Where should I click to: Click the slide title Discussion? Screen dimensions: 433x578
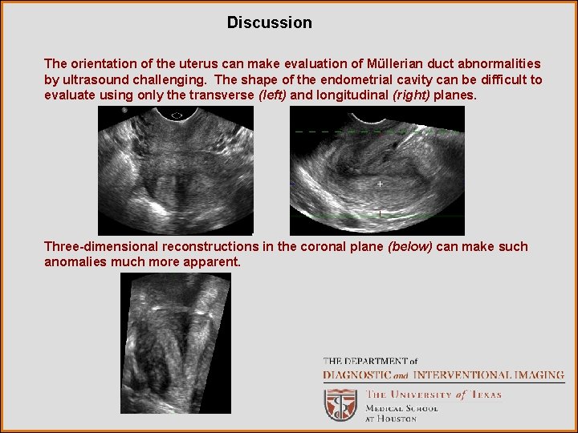point(269,22)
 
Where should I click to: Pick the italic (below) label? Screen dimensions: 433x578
point(409,246)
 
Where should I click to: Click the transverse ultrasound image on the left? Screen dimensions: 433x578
point(175,171)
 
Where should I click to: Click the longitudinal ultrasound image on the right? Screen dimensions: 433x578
point(377,171)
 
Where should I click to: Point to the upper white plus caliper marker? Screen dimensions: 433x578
point(380,184)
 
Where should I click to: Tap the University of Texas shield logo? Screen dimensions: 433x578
point(340,404)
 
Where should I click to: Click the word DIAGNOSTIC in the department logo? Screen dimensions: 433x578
point(356,374)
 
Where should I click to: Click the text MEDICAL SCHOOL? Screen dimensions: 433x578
point(401,408)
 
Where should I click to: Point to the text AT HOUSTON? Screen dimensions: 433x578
point(391,419)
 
